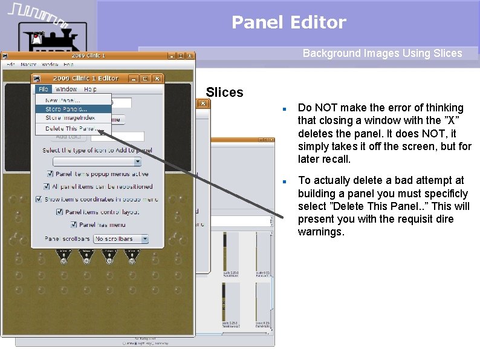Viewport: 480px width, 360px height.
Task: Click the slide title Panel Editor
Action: pos(288,22)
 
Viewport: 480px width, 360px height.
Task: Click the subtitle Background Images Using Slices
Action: pos(382,53)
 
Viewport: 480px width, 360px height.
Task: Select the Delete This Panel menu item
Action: pos(70,128)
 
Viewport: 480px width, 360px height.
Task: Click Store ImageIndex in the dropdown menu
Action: pos(70,118)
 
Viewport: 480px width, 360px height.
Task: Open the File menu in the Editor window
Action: pos(43,89)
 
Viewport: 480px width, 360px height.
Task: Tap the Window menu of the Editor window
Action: pos(66,89)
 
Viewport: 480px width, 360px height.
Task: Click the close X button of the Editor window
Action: pos(157,78)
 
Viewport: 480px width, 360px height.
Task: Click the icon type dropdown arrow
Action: pos(137,162)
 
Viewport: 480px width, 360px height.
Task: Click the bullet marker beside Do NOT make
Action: pos(283,110)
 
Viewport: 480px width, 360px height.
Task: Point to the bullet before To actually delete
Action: pos(283,182)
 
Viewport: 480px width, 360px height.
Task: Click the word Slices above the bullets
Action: pos(224,93)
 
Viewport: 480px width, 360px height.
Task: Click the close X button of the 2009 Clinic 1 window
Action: pos(189,56)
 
